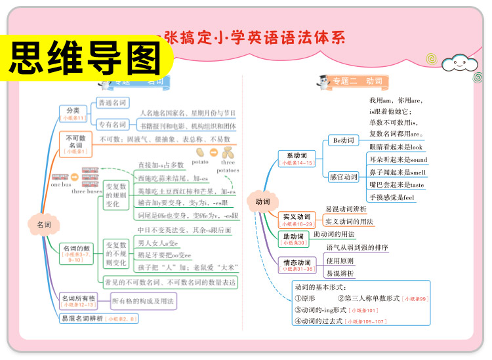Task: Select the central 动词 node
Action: (262, 202)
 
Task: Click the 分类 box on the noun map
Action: (73, 113)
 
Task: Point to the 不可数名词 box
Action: (76, 144)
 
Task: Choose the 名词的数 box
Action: (75, 252)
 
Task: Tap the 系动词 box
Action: (297, 159)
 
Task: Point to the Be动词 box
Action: (343, 140)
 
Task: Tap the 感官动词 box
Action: (343, 177)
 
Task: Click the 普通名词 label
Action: (113, 103)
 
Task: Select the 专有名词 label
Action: (113, 125)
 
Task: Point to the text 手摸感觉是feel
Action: (392, 197)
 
